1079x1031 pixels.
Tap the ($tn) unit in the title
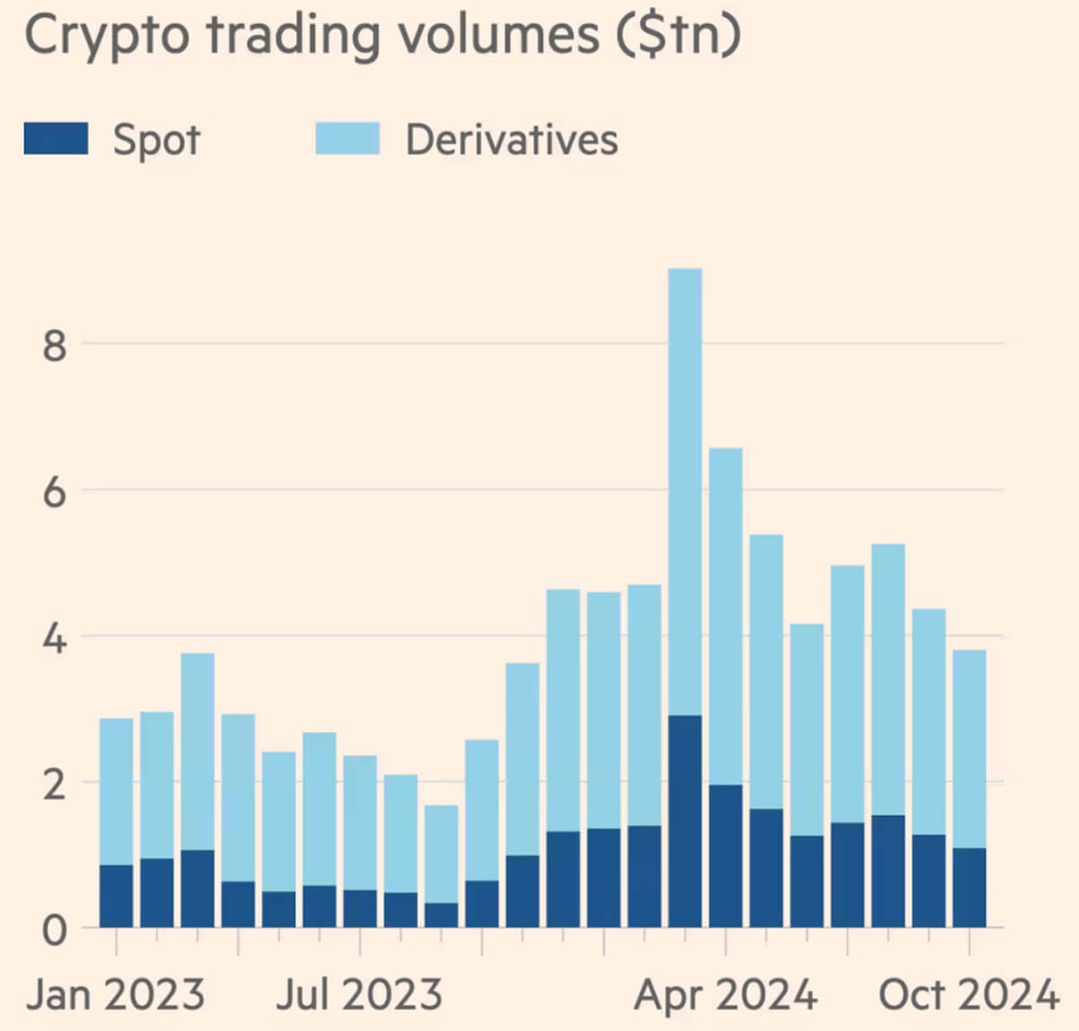point(678,36)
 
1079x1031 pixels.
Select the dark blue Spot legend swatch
point(56,139)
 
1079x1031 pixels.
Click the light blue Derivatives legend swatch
point(347,139)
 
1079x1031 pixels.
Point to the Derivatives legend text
point(512,140)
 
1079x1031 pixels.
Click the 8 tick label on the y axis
point(55,344)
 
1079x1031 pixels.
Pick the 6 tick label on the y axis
point(55,491)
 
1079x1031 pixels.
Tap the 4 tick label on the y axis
point(55,637)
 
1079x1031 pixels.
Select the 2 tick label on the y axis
point(55,784)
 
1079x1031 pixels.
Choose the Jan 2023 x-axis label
point(116,995)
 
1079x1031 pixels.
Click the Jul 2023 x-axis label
point(360,995)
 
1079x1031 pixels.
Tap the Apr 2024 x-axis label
point(726,995)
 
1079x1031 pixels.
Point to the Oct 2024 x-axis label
point(969,995)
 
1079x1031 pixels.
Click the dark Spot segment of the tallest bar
point(685,821)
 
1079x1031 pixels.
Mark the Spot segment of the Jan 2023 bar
point(116,896)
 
